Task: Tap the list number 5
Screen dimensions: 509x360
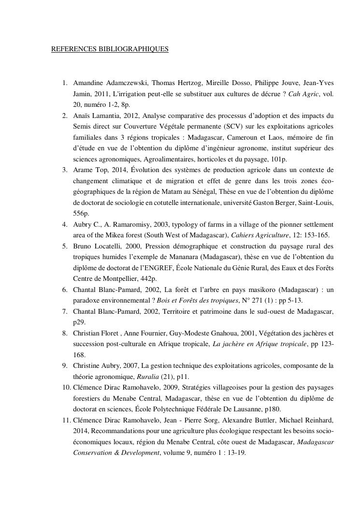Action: point(65,246)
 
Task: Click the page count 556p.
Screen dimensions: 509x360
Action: point(81,214)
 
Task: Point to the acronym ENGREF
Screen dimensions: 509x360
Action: point(173,268)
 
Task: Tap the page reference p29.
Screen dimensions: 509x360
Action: point(79,322)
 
